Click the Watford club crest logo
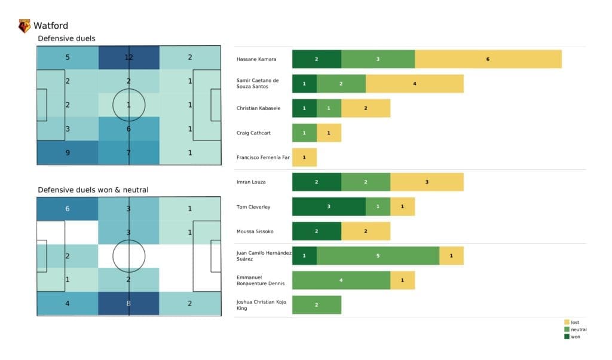[x=25, y=26]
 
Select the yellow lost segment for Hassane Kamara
[x=488, y=59]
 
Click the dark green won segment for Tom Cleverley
[x=329, y=206]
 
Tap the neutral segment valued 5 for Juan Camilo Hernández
[x=378, y=255]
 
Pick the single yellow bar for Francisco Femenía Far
[x=304, y=157]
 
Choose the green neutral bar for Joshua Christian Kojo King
[x=317, y=304]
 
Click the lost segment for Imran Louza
[x=427, y=182]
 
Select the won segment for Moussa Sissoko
[x=317, y=231]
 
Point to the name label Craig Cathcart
[x=254, y=133]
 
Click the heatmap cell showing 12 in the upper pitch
[x=128, y=57]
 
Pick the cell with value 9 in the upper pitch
[x=68, y=152]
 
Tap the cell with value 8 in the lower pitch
[x=128, y=303]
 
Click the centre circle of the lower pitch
[x=128, y=256]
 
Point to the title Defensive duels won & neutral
[x=93, y=190]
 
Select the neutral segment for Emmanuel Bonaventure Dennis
[x=341, y=280]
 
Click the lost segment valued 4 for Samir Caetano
[x=414, y=84]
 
